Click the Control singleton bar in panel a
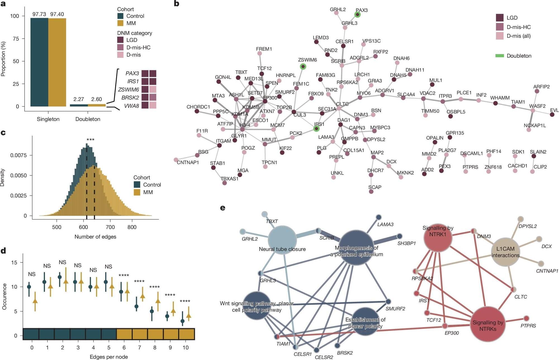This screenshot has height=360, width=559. point(39,62)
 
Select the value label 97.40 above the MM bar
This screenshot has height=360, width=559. point(57,14)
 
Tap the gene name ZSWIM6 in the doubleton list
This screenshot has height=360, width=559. point(128,90)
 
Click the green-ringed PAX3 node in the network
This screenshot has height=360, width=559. point(357,15)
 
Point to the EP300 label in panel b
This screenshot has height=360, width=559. point(270,98)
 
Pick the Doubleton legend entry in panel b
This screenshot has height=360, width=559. point(519,56)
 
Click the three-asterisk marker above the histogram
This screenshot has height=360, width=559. point(90,140)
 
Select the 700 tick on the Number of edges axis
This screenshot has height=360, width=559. point(110,227)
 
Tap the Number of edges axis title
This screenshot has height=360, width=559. point(95,237)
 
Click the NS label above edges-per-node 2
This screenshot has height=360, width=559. point(62,262)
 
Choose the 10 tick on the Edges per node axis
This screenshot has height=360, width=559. point(186,348)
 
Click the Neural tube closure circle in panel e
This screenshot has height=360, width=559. point(282,240)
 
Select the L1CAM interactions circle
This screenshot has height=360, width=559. point(505,252)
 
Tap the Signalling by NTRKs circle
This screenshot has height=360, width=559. point(488,324)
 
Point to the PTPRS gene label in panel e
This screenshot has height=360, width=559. point(528,326)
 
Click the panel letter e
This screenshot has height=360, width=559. point(222,208)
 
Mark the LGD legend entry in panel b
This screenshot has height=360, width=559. point(512,18)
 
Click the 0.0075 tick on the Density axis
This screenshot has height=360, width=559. point(19,155)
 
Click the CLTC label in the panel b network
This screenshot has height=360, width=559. point(342,104)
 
